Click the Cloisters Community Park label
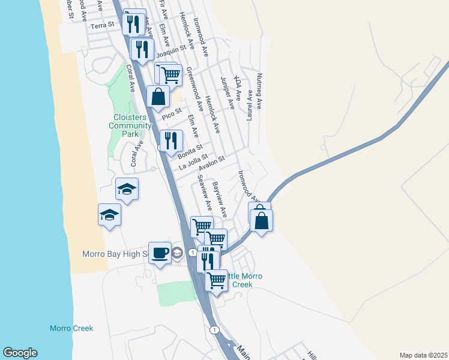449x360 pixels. click(x=130, y=126)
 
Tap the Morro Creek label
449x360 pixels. click(x=71, y=328)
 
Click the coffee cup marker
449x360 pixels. click(x=160, y=253)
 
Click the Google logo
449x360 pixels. click(x=20, y=353)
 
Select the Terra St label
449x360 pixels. click(x=101, y=26)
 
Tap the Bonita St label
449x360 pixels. click(x=191, y=151)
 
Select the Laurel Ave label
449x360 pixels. click(x=249, y=104)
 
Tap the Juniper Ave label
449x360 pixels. click(x=227, y=92)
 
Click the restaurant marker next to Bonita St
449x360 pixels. click(x=171, y=141)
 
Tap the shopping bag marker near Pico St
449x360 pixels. click(x=157, y=97)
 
